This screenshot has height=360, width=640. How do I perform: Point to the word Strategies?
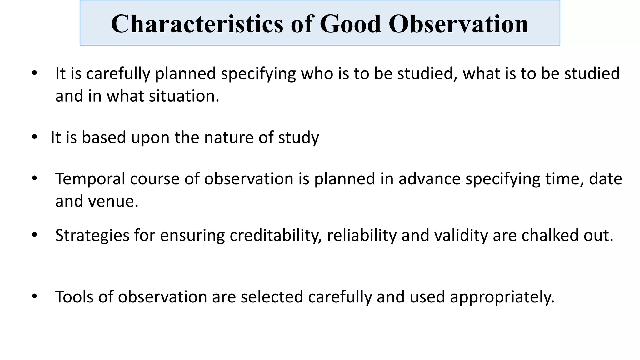pyautogui.click(x=92, y=236)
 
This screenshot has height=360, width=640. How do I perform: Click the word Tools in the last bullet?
pyautogui.click(x=74, y=297)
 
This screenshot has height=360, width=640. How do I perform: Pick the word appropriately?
pyautogui.click(x=502, y=297)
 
